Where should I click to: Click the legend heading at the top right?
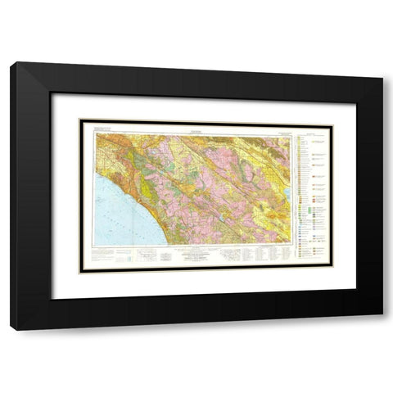pos(309,130)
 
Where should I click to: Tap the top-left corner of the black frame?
pos(11,63)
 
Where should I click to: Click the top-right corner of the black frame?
pos(382,63)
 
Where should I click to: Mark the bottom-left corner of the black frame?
pos(11,330)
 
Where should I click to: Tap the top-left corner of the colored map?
pos(95,133)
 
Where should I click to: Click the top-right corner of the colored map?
pos(292,133)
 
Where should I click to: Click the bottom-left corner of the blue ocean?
pos(96,243)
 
